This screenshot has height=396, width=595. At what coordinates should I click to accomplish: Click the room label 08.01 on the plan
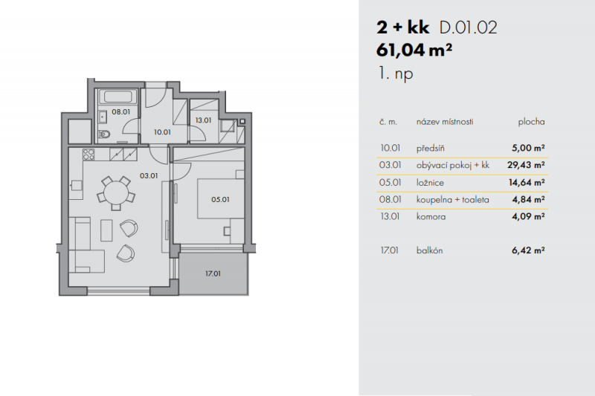point(120,111)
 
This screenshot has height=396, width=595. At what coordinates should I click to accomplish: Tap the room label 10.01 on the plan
point(162,132)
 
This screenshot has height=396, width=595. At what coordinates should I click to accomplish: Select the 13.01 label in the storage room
point(203,120)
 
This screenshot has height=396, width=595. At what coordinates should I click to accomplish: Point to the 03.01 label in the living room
point(148,176)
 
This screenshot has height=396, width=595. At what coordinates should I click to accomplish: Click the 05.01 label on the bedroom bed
point(220,199)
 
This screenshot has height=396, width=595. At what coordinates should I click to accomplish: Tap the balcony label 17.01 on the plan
point(213,273)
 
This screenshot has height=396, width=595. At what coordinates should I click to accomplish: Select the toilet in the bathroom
point(104,134)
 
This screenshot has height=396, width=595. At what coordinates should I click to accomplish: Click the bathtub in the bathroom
point(118,97)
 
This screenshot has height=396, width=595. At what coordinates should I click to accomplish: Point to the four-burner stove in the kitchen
point(89,155)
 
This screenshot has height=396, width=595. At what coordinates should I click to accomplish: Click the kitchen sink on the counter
point(76,185)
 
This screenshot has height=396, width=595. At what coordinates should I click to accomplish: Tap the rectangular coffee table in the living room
point(106,230)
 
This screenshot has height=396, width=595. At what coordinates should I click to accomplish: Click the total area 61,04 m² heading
point(414,50)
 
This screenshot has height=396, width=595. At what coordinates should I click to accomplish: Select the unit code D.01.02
point(468,27)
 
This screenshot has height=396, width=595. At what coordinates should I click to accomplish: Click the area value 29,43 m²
point(526,165)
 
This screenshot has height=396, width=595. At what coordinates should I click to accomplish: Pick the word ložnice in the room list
point(430,183)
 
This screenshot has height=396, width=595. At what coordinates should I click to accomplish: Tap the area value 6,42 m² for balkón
point(528,250)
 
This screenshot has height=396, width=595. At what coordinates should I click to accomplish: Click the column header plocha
point(531,122)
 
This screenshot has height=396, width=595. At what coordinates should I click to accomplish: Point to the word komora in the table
point(431,217)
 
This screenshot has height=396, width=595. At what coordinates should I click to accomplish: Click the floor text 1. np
point(396,73)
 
